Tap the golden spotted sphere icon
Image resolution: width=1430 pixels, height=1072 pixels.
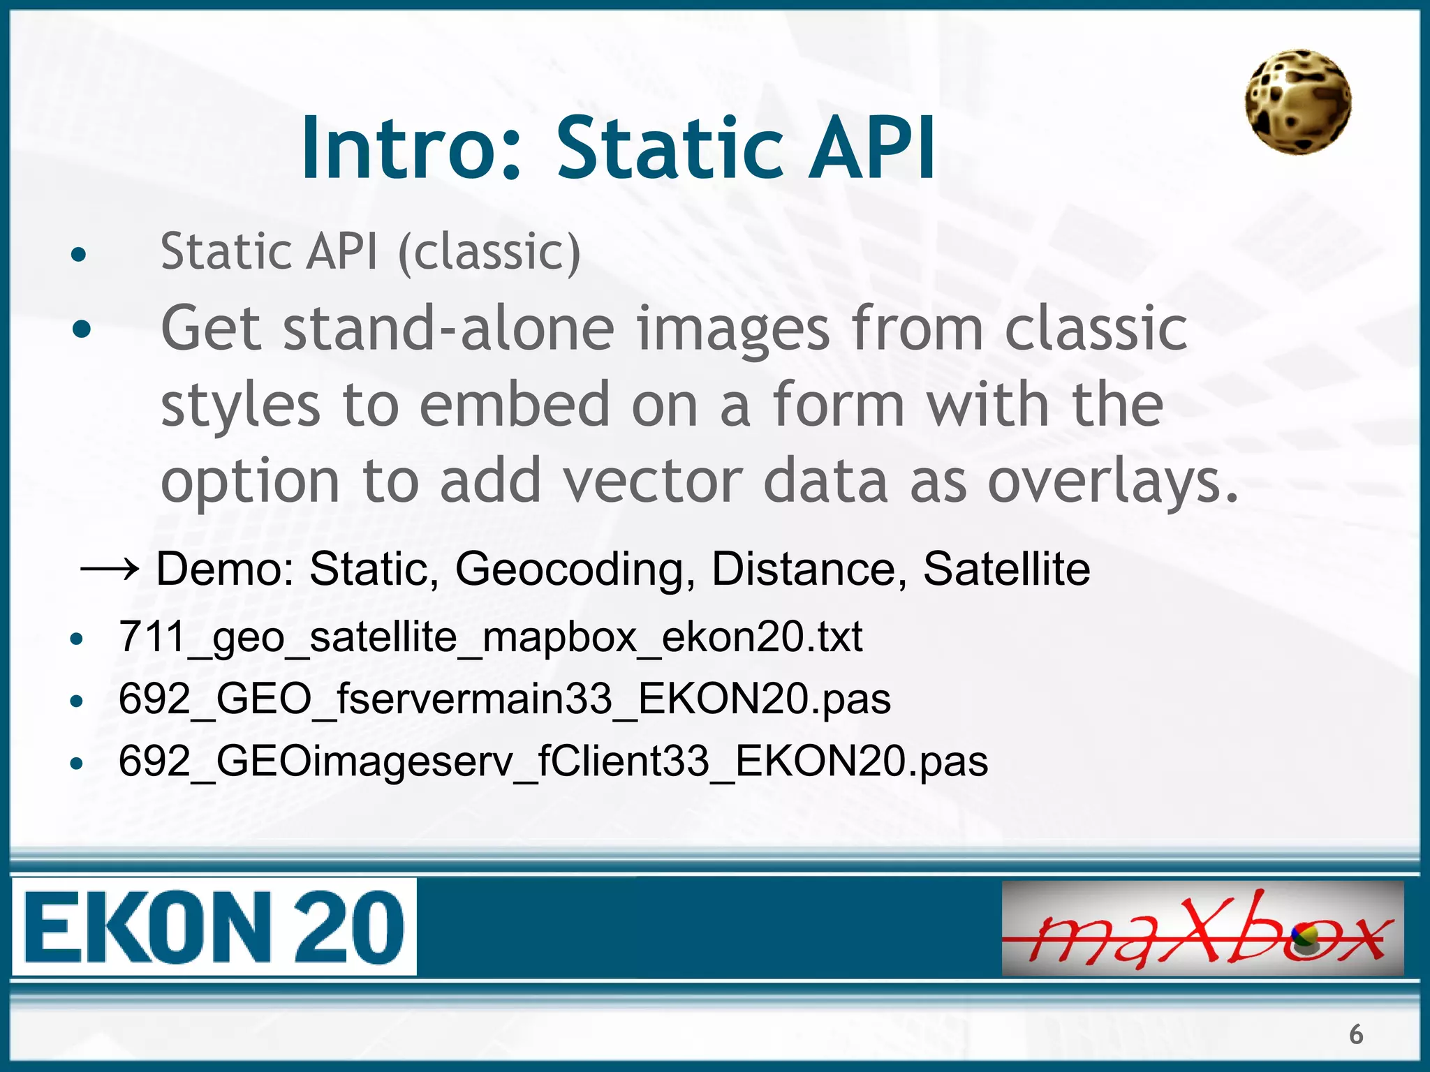click(1297, 102)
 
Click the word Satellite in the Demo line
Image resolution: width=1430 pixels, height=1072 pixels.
click(1005, 569)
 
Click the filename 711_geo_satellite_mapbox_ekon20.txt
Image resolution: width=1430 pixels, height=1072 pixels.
click(490, 636)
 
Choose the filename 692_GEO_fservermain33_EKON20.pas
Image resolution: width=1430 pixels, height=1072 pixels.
click(504, 698)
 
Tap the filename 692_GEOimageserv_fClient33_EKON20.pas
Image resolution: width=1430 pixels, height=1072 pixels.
click(553, 761)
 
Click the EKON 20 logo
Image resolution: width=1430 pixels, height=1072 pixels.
click(214, 927)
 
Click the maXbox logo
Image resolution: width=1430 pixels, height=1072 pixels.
click(1202, 928)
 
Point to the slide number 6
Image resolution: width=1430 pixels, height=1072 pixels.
click(1355, 1034)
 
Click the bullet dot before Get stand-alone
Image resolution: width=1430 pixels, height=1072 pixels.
click(82, 328)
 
